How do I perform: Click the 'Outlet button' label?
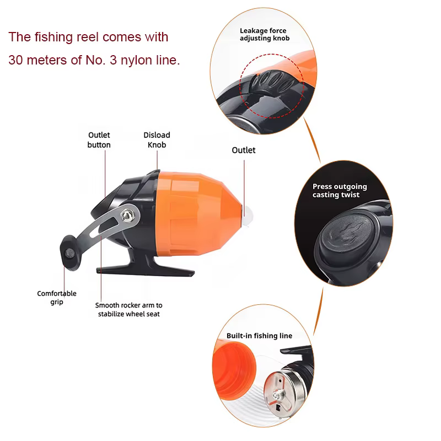click(99, 140)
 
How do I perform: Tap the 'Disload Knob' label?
click(157, 140)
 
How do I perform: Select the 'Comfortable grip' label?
click(57, 298)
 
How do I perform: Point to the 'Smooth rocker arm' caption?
click(129, 309)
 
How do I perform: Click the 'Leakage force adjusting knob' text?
click(265, 34)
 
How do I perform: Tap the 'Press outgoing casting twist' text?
click(340, 190)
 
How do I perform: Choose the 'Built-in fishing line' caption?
click(259, 336)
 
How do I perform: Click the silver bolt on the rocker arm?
click(127, 216)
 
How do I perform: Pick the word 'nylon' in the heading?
click(133, 61)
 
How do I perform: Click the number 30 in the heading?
click(15, 60)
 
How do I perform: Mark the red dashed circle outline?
click(240, 86)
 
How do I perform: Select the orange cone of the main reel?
click(199, 214)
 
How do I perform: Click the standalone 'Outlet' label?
click(244, 150)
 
